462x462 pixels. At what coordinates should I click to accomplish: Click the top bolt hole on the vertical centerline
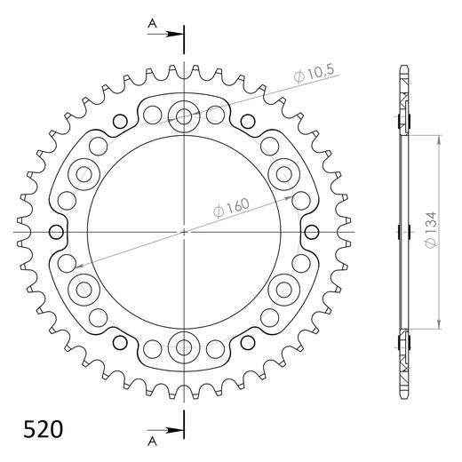pos(185,115)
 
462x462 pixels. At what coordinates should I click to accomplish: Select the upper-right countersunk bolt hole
pos(285,172)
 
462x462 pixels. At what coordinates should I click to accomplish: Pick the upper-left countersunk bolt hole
pos(85,172)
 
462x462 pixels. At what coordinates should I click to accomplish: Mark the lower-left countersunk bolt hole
pos(85,287)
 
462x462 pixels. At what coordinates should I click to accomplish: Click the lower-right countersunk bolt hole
pos(285,287)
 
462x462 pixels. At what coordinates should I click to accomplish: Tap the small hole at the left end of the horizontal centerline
pos(58,233)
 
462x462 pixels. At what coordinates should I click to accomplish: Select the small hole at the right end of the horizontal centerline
pos(312,233)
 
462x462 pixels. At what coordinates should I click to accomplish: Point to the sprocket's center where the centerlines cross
pos(185,232)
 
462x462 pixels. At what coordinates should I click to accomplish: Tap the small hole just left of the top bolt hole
pos(153,113)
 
